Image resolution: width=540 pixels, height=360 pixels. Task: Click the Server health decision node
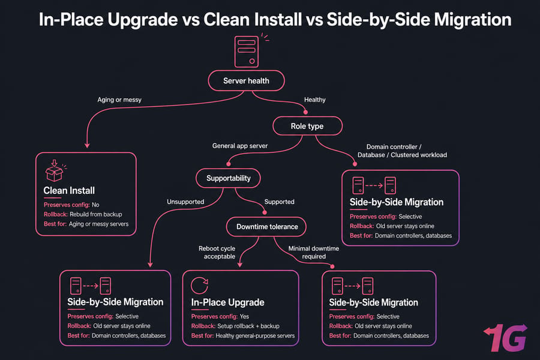click(x=246, y=80)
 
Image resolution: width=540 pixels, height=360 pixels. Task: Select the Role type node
click(x=307, y=126)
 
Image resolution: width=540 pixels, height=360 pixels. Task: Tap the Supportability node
click(x=229, y=178)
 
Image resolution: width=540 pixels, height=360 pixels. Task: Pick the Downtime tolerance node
click(x=266, y=227)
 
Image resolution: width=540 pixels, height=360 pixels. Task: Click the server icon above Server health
click(x=247, y=52)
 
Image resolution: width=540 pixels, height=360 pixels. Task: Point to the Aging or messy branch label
click(x=119, y=100)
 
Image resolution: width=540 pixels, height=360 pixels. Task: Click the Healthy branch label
click(x=315, y=100)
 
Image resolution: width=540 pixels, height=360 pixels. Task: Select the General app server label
click(x=239, y=146)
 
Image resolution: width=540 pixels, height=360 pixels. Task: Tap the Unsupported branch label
click(x=185, y=202)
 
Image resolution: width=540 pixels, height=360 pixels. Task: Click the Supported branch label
click(x=279, y=202)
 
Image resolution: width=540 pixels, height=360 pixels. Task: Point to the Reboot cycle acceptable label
click(x=218, y=252)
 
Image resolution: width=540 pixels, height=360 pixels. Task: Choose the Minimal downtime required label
click(x=313, y=252)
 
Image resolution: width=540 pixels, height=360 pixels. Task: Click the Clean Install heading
click(x=69, y=191)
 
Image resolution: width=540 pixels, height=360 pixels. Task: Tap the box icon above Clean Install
click(x=55, y=170)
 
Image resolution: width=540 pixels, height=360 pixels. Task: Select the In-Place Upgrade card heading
click(x=227, y=302)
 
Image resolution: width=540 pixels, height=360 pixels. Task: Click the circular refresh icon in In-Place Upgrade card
click(x=199, y=285)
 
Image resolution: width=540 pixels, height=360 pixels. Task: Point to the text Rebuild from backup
click(x=96, y=214)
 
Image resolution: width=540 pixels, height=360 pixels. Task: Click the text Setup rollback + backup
click(x=248, y=326)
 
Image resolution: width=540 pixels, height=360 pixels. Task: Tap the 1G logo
click(x=506, y=338)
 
